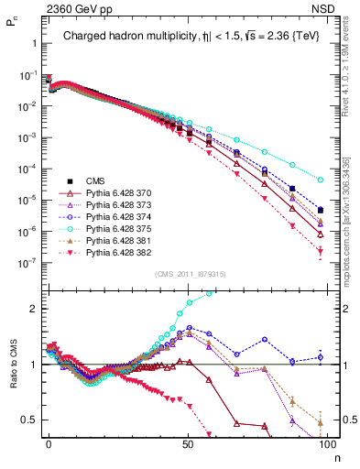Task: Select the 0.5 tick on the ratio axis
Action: click(32, 420)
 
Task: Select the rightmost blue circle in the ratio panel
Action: click(321, 357)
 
